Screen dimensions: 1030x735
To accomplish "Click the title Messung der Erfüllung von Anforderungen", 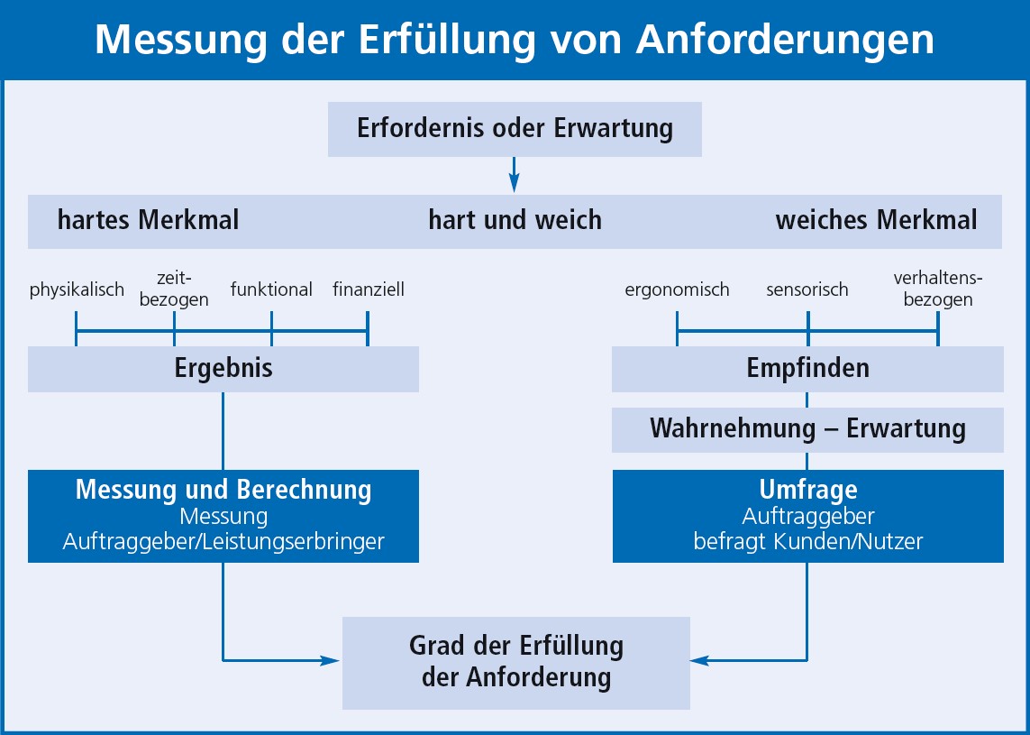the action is [515, 40].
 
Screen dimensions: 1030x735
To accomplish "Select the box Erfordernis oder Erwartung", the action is [515, 129].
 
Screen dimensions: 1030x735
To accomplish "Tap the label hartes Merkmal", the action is [148, 219].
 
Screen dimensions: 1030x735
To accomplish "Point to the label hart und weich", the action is [515, 219].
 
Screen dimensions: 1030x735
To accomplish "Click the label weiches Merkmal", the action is [876, 219].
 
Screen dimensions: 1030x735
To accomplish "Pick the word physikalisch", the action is [77, 289].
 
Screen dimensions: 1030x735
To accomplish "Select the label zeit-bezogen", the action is [174, 289].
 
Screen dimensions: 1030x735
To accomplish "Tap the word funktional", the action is [271, 289].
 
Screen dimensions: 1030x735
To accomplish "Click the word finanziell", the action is [369, 289].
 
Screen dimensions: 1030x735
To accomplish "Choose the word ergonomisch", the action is [678, 289].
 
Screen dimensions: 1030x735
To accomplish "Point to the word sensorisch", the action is [807, 289].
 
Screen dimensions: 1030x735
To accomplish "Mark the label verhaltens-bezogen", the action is [938, 289].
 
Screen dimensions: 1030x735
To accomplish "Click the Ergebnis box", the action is [223, 369].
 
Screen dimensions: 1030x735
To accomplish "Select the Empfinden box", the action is [807, 369].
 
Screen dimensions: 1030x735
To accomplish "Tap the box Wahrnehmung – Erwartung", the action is [807, 429].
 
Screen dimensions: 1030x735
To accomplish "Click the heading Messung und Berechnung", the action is [223, 490].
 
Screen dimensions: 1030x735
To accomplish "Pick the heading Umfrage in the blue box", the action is [808, 490].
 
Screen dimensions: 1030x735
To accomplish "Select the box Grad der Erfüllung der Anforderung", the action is [516, 663].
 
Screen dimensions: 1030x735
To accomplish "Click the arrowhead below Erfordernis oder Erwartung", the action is [515, 183].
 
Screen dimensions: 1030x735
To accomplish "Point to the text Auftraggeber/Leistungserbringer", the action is [223, 542].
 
